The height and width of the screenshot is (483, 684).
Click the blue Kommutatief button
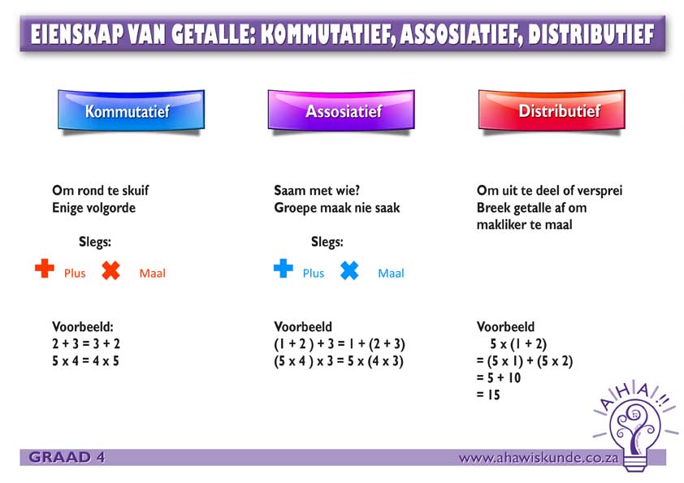pyautogui.click(x=131, y=110)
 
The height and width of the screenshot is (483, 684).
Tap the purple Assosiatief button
pyautogui.click(x=341, y=110)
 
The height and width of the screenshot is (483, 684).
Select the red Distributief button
pyautogui.click(x=552, y=110)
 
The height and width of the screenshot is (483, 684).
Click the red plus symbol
pyautogui.click(x=45, y=268)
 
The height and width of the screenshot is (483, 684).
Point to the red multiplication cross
pyautogui.click(x=110, y=270)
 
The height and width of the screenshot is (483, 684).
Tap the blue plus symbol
pyautogui.click(x=284, y=268)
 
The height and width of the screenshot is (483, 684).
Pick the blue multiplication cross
pyautogui.click(x=349, y=270)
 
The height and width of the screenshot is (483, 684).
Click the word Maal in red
pyautogui.click(x=152, y=274)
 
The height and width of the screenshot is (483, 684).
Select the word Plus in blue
pyautogui.click(x=314, y=274)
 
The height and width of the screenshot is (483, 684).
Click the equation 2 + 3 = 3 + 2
pyautogui.click(x=86, y=343)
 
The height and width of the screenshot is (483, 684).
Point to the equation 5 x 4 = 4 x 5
pyautogui.click(x=85, y=361)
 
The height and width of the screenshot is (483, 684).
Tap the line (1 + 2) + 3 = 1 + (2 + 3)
pyautogui.click(x=340, y=344)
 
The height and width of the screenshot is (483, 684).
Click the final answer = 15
pyautogui.click(x=488, y=395)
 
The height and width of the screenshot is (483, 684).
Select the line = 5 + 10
pyautogui.click(x=499, y=378)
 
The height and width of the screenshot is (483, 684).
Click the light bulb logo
pyautogui.click(x=635, y=426)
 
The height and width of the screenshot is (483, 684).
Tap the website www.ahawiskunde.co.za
pyautogui.click(x=539, y=458)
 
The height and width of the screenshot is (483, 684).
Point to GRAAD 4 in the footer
pyautogui.click(x=67, y=457)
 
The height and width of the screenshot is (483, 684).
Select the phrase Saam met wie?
pyautogui.click(x=317, y=191)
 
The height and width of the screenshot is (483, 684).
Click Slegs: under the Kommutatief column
pyautogui.click(x=95, y=242)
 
